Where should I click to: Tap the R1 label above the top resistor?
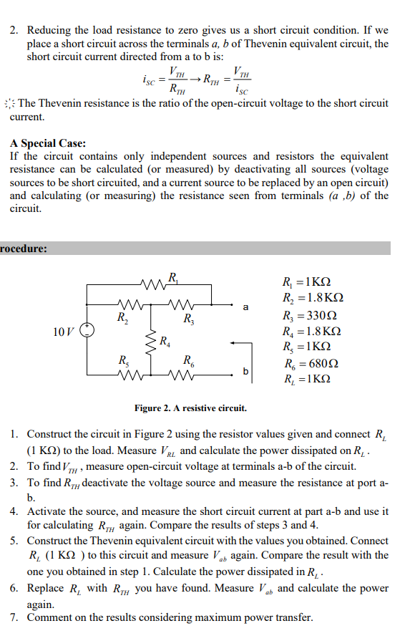174,276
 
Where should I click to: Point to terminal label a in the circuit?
245,308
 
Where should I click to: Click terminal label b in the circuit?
245,371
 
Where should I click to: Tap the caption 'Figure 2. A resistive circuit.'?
191,408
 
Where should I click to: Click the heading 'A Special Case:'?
48,143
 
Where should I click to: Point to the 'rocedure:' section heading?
24,249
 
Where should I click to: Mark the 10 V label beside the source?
63,331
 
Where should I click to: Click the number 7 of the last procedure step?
14,617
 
